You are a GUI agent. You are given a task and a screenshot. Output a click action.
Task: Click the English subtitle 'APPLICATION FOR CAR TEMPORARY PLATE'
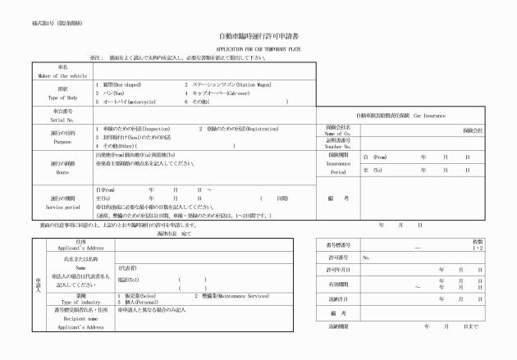[x=258, y=49]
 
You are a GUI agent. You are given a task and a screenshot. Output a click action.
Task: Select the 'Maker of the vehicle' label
[x=63, y=74]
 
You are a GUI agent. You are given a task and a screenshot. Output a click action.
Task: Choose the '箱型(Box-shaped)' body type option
[x=124, y=84]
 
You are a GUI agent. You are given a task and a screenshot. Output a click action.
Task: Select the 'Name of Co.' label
[x=339, y=134]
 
